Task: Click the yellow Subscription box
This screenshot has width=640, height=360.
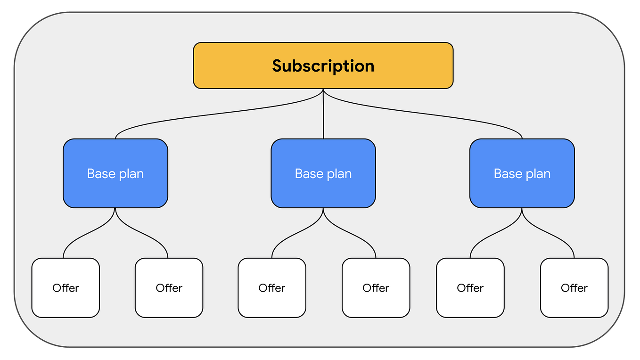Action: click(323, 65)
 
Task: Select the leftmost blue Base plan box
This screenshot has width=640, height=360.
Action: click(115, 173)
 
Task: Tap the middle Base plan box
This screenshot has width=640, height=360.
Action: click(323, 173)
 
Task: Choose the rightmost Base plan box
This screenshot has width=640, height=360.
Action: click(522, 173)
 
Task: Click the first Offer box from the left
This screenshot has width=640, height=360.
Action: click(66, 288)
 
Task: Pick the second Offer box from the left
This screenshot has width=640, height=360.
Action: click(169, 288)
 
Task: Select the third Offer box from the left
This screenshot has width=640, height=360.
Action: click(272, 288)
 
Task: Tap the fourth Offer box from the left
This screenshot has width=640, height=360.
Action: click(376, 288)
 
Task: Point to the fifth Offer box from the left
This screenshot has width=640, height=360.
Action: click(470, 288)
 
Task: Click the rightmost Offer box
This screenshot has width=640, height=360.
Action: click(574, 288)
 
